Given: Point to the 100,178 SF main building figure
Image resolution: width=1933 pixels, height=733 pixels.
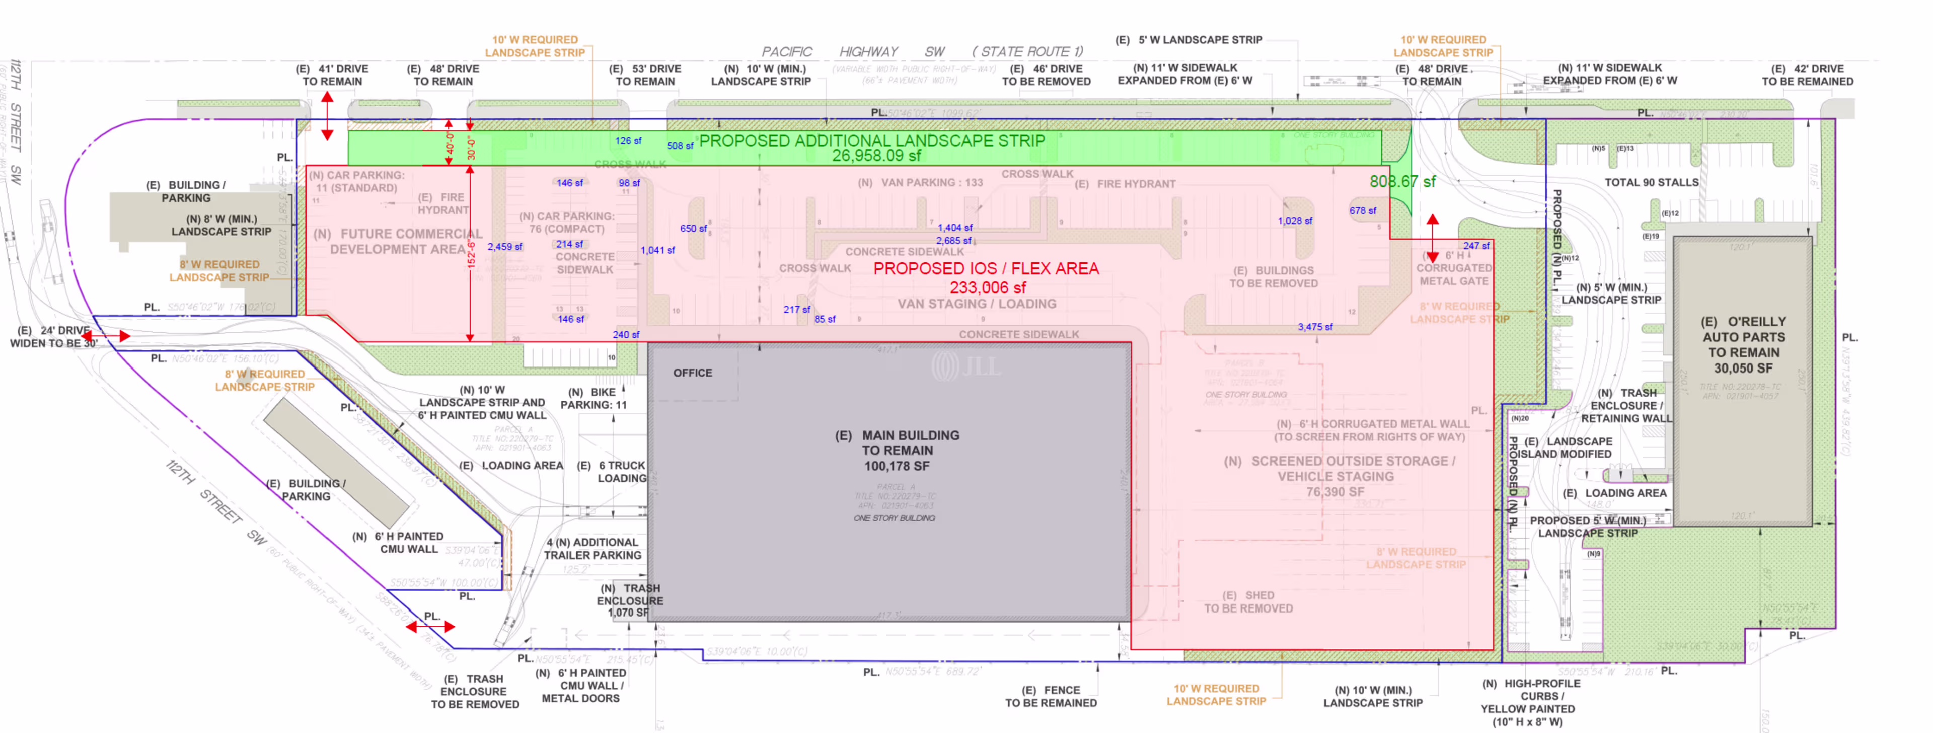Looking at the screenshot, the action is pos(897,466).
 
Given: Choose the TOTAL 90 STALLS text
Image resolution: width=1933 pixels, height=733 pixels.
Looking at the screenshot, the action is pos(1651,182).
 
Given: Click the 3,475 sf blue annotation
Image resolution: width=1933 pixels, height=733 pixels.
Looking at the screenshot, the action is pos(1315,327).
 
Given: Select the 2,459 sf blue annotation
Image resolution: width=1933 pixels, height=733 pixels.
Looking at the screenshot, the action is pos(505,247).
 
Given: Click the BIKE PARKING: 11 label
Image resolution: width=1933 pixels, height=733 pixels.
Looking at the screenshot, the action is pos(593,398).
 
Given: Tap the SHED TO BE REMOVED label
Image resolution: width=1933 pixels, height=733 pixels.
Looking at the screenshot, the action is pos(1248,602).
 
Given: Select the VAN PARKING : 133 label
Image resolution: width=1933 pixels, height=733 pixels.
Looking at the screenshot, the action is pos(920,182).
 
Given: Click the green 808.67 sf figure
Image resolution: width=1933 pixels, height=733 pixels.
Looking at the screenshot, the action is pos(1402,182).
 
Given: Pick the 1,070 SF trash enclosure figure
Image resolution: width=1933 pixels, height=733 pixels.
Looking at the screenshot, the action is pos(627,612).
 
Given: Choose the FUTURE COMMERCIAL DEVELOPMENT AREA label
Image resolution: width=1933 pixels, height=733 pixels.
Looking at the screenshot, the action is pos(398,242).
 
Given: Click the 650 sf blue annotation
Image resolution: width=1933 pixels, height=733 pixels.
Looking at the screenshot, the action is pos(693,229).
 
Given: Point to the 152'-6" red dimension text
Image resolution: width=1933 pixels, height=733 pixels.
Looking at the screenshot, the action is pos(471,254).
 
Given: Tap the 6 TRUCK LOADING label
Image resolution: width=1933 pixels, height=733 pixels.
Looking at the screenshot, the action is pos(612,472).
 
